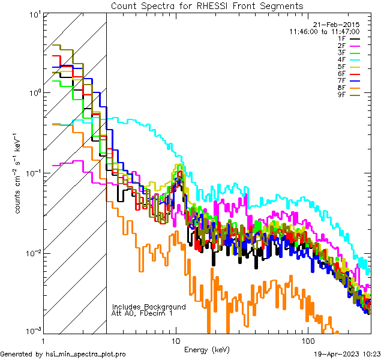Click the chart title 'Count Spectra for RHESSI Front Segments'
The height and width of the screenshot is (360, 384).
point(207,5)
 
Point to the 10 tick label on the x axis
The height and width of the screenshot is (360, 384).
point(176,340)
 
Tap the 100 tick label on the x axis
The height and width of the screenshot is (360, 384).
point(307,340)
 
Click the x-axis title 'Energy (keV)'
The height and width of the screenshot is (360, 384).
point(207,349)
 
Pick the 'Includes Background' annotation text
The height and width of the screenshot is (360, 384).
point(149,307)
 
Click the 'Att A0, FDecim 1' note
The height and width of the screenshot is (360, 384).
point(142,313)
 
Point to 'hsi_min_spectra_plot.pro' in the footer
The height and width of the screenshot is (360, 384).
point(86,354)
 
